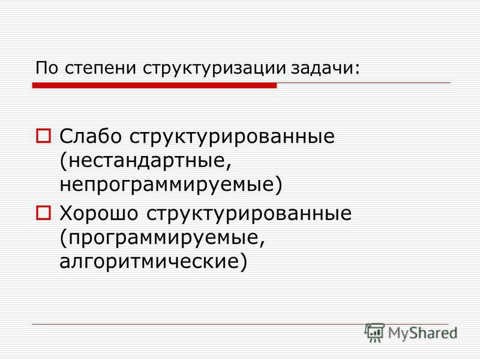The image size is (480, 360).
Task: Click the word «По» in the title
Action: click(x=47, y=68)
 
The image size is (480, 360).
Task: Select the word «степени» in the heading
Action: click(x=100, y=68)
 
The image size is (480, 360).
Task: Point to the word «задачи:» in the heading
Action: click(x=325, y=68)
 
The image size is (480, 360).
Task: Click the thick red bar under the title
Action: click(x=155, y=85)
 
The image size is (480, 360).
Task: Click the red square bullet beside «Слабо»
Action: click(x=43, y=136)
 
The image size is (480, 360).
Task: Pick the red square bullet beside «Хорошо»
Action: click(x=43, y=213)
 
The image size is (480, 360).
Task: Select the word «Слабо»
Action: click(x=91, y=136)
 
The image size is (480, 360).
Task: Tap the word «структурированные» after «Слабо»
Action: click(x=232, y=137)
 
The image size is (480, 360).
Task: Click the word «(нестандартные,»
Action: click(x=145, y=161)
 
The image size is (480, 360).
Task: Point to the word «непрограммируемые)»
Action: click(x=170, y=185)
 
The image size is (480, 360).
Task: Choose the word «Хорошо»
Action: click(x=98, y=213)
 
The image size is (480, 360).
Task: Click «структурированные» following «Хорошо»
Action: click(x=249, y=214)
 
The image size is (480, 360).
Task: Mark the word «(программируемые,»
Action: click(x=162, y=238)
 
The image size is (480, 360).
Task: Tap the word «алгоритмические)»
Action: click(x=153, y=261)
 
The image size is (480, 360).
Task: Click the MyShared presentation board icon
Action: click(x=374, y=332)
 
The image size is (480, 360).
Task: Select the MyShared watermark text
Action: click(x=422, y=333)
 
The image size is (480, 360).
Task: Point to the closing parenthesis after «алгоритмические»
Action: click(x=243, y=262)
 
